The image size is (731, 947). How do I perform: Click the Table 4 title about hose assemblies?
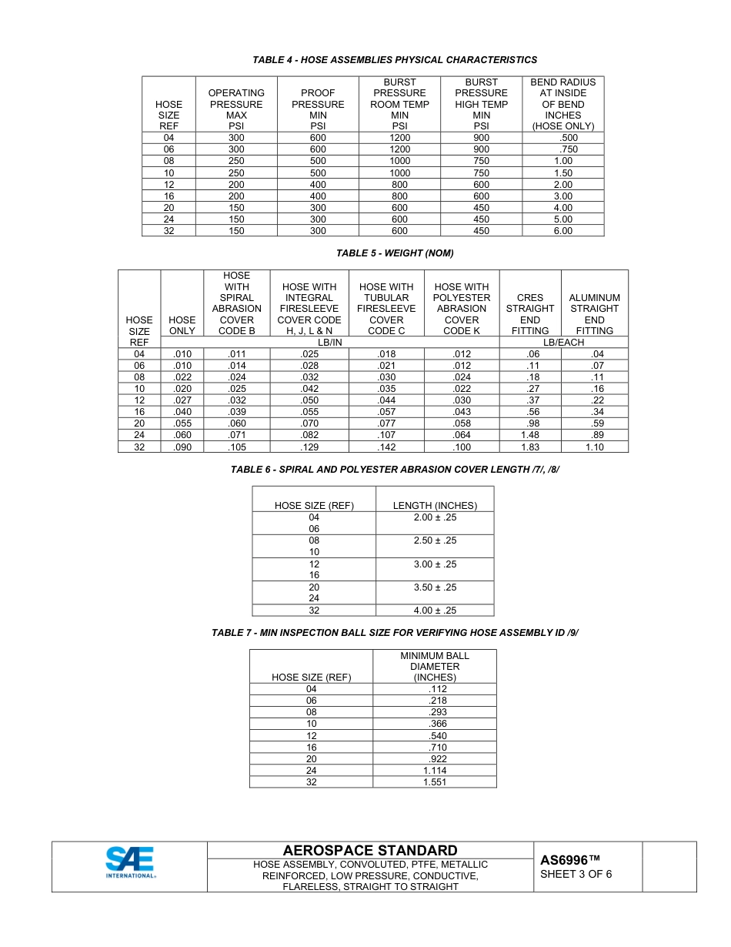395,60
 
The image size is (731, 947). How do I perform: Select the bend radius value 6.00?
562,231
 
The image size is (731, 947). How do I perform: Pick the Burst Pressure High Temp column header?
481,104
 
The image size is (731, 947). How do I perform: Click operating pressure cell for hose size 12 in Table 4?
236,185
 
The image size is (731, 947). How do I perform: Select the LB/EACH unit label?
563,342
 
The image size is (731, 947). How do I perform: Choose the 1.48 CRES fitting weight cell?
529,435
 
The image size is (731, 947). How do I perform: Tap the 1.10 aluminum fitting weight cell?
594,447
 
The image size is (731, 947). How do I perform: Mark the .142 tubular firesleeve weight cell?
386,447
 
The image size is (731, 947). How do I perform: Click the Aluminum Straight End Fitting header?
594,314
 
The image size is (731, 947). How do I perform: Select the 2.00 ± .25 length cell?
435,517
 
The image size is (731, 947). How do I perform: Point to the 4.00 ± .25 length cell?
435,611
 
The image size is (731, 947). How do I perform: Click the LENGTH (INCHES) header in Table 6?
435,506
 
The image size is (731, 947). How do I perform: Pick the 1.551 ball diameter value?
435,781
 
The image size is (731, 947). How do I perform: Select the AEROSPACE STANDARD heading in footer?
370,850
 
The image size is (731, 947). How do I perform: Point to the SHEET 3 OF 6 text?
576,874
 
